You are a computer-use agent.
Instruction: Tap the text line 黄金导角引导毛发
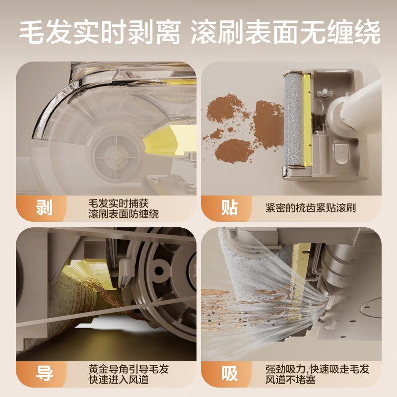coord(128,369)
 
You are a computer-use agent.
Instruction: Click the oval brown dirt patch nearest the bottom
coord(235,150)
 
